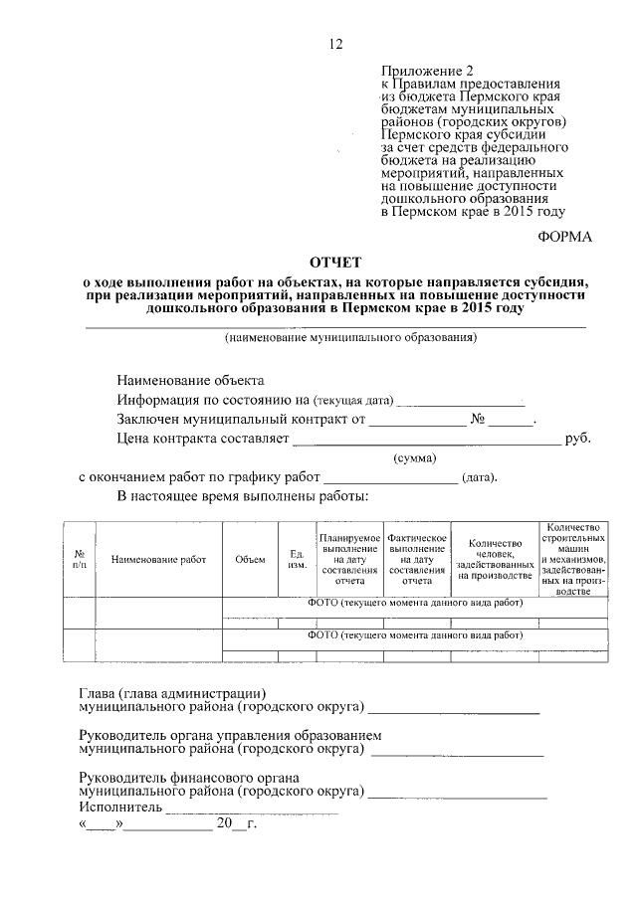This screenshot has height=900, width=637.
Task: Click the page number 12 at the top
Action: point(335,45)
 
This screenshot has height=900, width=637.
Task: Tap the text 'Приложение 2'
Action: point(423,71)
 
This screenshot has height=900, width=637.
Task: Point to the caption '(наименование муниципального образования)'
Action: point(336,337)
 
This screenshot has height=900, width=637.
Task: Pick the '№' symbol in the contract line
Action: point(478,419)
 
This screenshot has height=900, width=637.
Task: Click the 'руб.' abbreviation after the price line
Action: point(578,438)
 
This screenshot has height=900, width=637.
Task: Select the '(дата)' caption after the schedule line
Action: point(479,477)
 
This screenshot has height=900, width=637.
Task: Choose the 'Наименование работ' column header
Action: point(158,559)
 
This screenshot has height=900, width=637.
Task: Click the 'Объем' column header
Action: point(250,559)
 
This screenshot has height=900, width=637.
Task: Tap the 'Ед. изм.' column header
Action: point(296,559)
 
